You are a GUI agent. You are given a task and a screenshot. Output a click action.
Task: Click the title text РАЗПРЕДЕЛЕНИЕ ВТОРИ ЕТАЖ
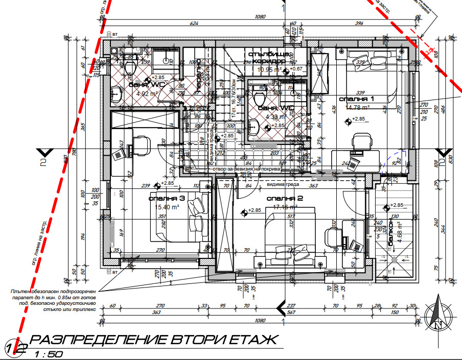[153, 341]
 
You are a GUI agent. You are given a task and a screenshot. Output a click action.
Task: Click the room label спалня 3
[167, 198]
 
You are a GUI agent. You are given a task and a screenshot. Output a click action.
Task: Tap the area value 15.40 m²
[167, 207]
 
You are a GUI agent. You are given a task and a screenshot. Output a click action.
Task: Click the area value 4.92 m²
[147, 93]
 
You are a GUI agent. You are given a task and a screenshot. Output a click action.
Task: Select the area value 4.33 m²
[274, 116]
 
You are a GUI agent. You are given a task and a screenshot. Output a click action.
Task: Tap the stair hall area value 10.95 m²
[269, 69]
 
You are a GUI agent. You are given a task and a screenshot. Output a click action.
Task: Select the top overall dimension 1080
[260, 16]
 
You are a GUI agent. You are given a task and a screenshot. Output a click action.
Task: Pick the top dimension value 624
[194, 23]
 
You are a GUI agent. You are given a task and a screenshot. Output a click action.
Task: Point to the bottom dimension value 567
[291, 312]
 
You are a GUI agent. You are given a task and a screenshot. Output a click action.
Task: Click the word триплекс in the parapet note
[83, 309]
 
